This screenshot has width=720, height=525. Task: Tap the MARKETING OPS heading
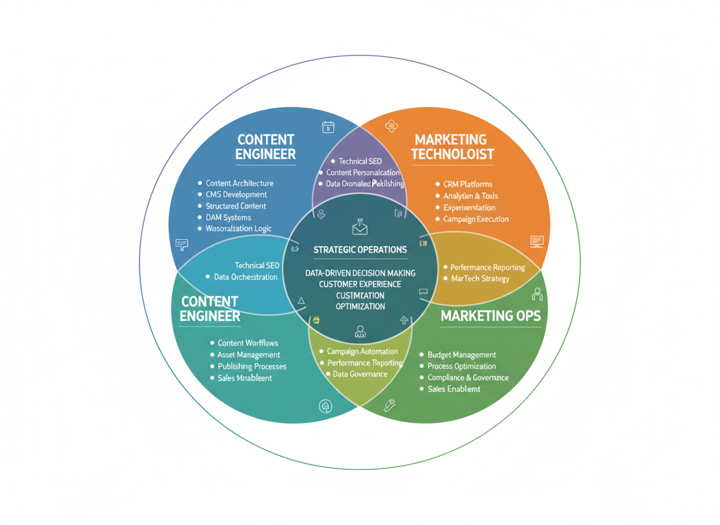pos(491,316)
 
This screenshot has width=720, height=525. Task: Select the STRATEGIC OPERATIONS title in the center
pos(360,250)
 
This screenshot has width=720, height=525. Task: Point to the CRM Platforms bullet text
pos(468,184)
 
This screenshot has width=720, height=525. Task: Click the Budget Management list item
pos(462,355)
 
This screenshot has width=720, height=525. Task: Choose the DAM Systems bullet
pos(228,218)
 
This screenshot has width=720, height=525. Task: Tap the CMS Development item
pos(236,194)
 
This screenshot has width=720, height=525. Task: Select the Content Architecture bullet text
pos(240,183)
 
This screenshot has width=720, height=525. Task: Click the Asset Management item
pos(249,355)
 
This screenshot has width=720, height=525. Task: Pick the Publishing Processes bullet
pos(252,366)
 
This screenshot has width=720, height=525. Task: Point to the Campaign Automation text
pos(362,351)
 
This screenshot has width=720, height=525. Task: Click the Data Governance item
pos(360,374)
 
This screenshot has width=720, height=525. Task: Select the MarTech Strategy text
pos(480,278)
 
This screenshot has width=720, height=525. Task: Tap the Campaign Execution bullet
pos(476,219)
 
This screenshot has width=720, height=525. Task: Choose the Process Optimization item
pos(462,366)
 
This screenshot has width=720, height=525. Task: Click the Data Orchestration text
pos(246,277)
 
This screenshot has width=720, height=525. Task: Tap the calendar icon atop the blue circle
pos(328,127)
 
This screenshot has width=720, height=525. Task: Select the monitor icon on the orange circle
pos(536,242)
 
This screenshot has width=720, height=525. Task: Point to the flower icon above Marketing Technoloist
pos(392,126)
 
